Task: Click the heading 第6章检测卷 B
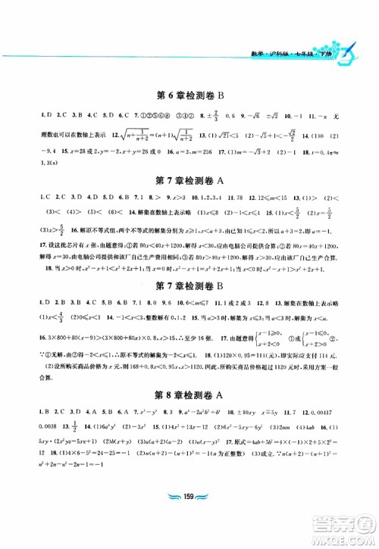189,97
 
